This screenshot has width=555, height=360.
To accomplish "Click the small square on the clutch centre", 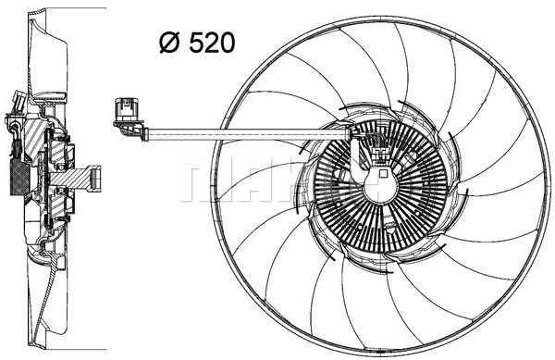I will coord(383,171).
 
